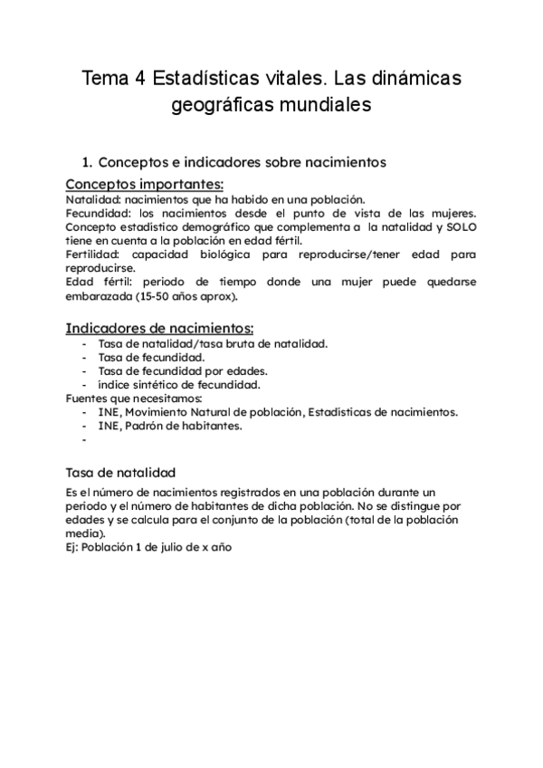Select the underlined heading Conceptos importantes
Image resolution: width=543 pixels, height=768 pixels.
[x=145, y=184]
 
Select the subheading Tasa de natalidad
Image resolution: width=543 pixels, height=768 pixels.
[x=120, y=473]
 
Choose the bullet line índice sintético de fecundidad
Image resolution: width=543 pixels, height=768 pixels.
[x=179, y=384]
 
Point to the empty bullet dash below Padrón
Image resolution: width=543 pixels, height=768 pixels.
[x=84, y=441]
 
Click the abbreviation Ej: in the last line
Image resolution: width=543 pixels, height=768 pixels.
[x=72, y=548]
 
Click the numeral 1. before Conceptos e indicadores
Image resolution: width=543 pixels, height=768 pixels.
[x=87, y=162]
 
